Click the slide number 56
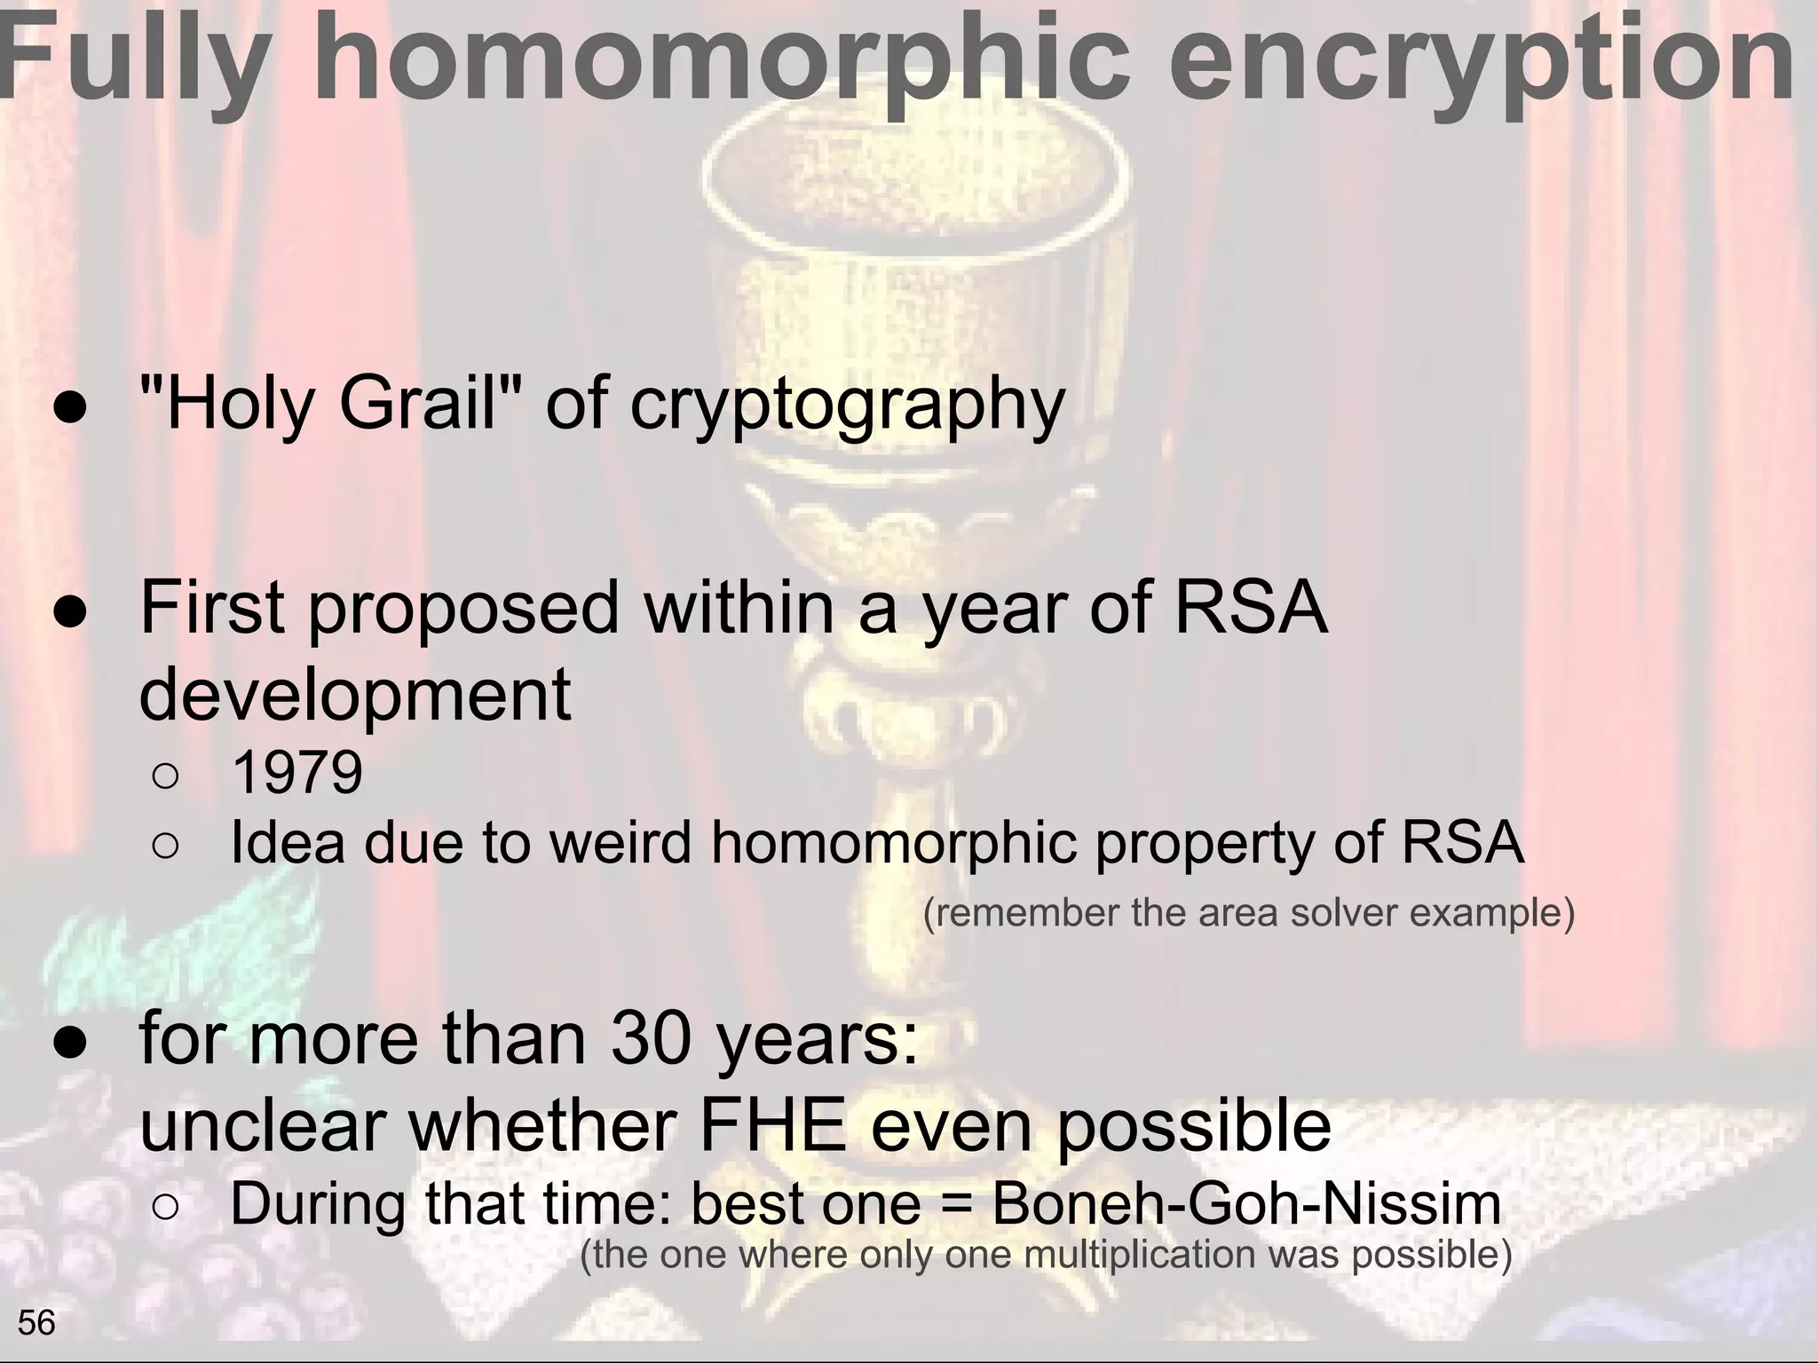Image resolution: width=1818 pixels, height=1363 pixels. tap(36, 1323)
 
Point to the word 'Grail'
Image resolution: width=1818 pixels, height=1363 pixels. tap(417, 404)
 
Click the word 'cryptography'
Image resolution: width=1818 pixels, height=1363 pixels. tap(848, 404)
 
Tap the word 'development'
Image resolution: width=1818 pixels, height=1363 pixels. tap(355, 695)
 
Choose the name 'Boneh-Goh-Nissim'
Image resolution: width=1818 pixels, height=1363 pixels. tap(1245, 1205)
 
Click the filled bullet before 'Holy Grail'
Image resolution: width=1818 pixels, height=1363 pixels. tap(69, 408)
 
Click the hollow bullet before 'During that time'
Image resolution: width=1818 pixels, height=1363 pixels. tap(166, 1207)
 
